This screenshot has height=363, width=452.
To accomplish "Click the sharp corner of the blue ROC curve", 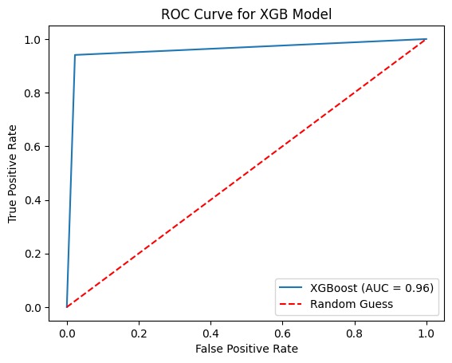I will pos(75,55).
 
